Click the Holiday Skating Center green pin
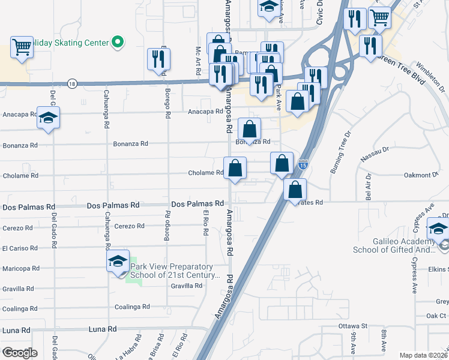pos(118,42)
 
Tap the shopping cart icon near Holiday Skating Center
pos(22,47)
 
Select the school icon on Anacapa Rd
pos(49,118)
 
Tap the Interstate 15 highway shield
pos(304,164)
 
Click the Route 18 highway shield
pos(72,83)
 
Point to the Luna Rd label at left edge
pos(16,330)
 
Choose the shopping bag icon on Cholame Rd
pos(235,168)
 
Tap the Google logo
pos(19,353)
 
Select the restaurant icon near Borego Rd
pos(159,59)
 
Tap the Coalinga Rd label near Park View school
pos(132,307)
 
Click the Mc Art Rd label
pos(198,61)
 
